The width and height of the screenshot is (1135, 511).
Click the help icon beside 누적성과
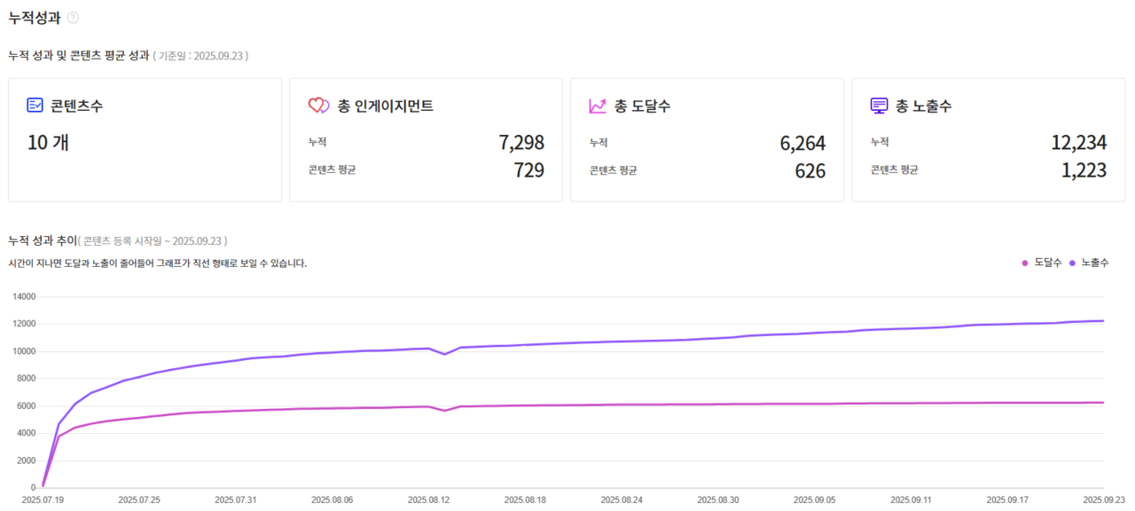(x=73, y=17)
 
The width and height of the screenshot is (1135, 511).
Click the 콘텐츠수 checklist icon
(x=35, y=106)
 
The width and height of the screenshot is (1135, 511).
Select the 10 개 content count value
(x=48, y=143)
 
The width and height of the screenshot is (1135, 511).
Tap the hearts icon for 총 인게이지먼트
(x=318, y=106)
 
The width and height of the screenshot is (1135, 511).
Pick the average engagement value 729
(x=529, y=170)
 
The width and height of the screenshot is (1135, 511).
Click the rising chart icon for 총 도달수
(x=598, y=106)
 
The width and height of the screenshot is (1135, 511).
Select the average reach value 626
(x=810, y=170)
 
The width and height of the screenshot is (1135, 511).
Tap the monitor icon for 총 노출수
(x=879, y=106)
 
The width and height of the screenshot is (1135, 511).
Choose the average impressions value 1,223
(x=1084, y=170)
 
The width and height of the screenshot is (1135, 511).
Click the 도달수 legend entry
(x=1042, y=263)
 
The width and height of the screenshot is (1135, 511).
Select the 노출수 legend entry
(x=1090, y=263)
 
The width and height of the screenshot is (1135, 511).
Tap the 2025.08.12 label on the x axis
(x=428, y=500)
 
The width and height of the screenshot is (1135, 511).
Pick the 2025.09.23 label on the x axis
(x=1104, y=500)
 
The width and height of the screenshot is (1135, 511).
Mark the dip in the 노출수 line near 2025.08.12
(x=445, y=354)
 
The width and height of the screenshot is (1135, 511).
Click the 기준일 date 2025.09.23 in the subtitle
(x=218, y=56)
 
